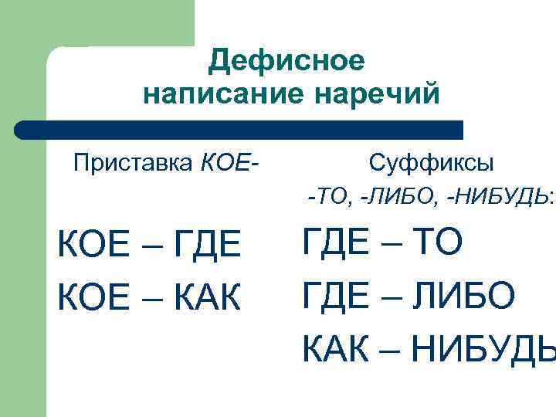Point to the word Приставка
134,164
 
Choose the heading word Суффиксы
432,164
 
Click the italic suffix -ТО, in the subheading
331,198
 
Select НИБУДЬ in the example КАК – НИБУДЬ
482,349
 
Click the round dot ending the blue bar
25,130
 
